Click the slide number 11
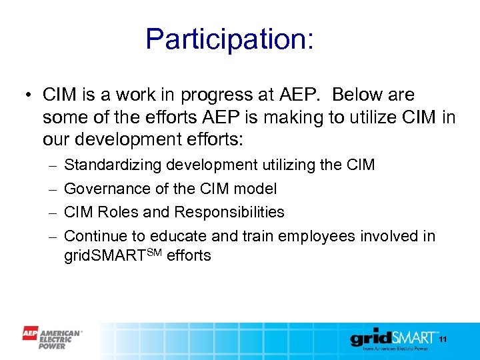[x=441, y=340]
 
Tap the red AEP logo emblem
[x=30, y=333]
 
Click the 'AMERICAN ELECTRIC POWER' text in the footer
[x=61, y=338]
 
